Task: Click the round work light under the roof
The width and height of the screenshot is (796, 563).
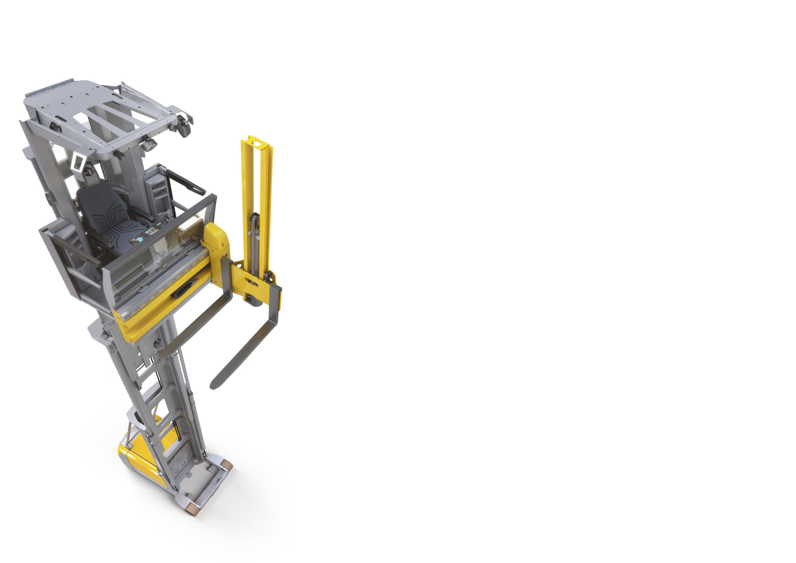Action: pyautogui.click(x=149, y=145)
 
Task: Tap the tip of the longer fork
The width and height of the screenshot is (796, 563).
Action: pyautogui.click(x=215, y=385)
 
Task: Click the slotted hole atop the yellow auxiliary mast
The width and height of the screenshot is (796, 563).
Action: pyautogui.click(x=256, y=142)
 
